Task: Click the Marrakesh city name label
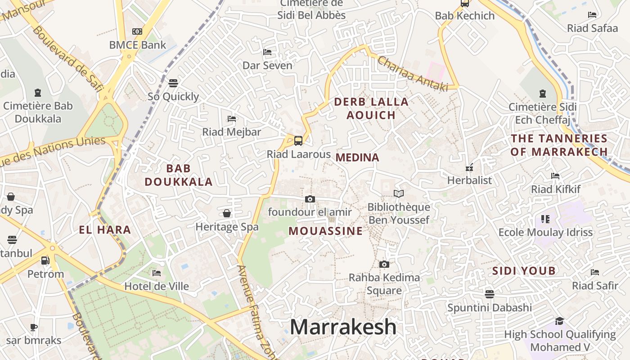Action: click(x=343, y=327)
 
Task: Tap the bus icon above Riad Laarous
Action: click(x=298, y=141)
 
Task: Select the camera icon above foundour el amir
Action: click(x=310, y=199)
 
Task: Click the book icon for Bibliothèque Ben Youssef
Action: click(x=399, y=193)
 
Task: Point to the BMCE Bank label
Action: click(x=138, y=45)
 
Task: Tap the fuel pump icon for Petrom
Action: click(x=45, y=261)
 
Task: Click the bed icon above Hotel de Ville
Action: click(x=157, y=273)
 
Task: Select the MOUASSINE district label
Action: click(x=325, y=231)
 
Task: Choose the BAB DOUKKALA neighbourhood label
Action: click(x=179, y=175)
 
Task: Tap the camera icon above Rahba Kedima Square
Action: click(x=384, y=264)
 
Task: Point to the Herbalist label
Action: click(x=469, y=180)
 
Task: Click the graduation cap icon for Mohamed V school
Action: click(x=559, y=321)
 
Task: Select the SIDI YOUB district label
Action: click(x=524, y=271)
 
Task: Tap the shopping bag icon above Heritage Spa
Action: click(x=227, y=213)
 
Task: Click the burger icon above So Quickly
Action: click(x=173, y=83)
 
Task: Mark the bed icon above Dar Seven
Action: click(x=267, y=52)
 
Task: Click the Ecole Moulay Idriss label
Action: click(x=545, y=233)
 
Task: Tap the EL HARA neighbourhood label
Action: click(x=105, y=230)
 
